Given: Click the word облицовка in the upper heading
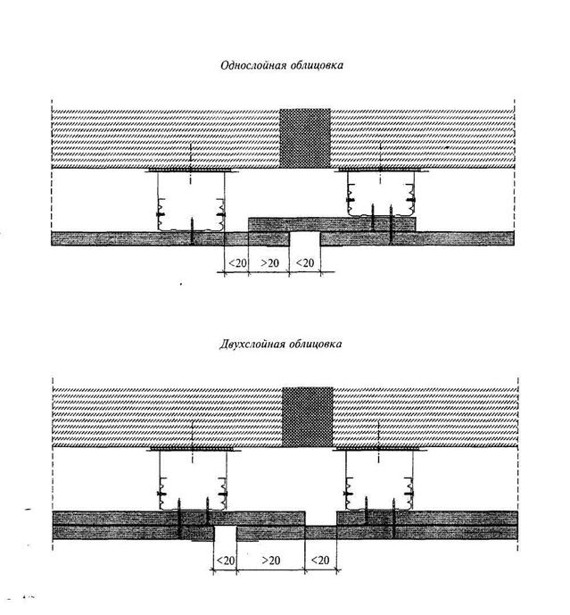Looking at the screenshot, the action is click(x=317, y=65).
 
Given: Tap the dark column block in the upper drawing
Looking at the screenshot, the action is click(x=305, y=138).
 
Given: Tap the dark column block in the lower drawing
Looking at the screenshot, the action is click(x=308, y=417).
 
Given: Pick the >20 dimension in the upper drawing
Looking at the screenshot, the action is click(x=269, y=262).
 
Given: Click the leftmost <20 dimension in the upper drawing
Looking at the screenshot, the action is click(x=237, y=262).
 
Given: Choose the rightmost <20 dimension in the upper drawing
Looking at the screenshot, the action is click(x=305, y=262).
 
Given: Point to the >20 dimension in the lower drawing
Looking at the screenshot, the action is click(x=270, y=560).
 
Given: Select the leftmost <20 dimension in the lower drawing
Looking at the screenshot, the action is click(x=226, y=560).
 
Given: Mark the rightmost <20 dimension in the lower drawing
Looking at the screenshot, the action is click(x=320, y=560).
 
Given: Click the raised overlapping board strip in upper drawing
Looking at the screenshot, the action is click(x=333, y=224).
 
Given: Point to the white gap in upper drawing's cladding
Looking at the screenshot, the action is click(x=304, y=238).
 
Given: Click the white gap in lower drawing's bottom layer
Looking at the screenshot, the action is click(x=225, y=533).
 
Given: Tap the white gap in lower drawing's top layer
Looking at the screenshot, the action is click(x=320, y=518).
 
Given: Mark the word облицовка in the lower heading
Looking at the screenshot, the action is click(x=315, y=345).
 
